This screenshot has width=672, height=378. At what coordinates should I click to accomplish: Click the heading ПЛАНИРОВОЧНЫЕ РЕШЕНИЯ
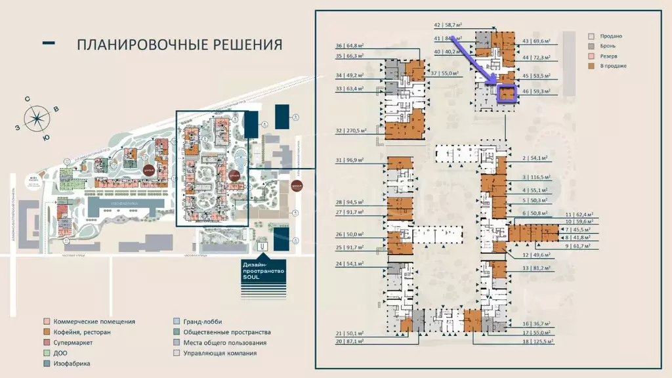coord(179,45)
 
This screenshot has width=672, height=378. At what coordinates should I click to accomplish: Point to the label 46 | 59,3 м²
coord(535,92)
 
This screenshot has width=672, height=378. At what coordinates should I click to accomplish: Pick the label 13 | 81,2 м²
coord(535,268)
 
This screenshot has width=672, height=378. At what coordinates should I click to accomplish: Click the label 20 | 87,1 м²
coord(348,342)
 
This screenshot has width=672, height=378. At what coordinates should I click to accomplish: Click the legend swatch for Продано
coord(592,36)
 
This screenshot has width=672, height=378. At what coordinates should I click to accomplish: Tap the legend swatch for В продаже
coord(592,66)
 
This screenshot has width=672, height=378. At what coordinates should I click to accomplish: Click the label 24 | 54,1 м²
coord(348,263)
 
